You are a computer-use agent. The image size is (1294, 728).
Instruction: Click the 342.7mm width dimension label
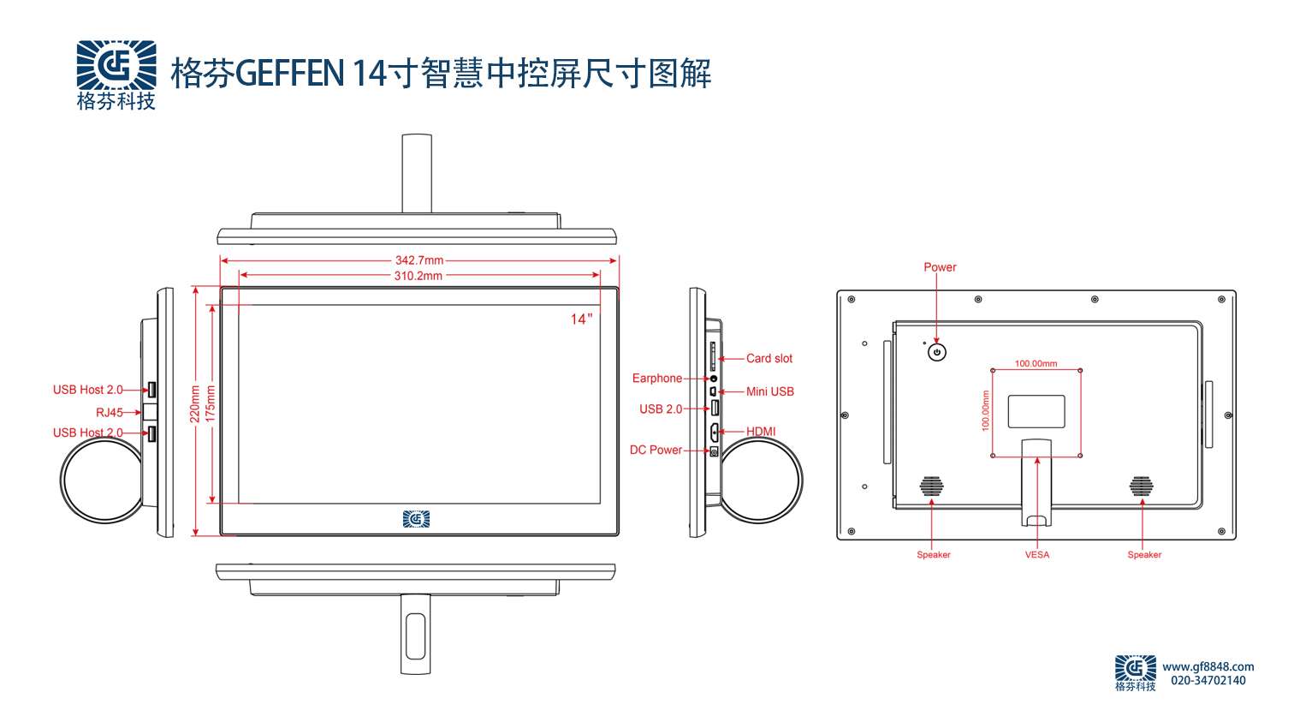pos(419,260)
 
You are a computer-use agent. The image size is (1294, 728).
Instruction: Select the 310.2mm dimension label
pos(418,276)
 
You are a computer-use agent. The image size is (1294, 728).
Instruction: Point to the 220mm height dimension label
pos(195,403)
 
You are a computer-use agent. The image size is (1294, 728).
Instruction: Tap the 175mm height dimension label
pos(211,403)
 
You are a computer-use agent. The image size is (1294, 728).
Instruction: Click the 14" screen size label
pos(581,319)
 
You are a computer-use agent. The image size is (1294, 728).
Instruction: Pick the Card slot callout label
pos(769,359)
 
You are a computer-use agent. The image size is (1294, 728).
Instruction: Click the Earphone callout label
pos(656,379)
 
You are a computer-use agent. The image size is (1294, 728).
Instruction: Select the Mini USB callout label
pos(769,391)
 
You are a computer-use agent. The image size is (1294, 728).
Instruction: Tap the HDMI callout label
pos(761,432)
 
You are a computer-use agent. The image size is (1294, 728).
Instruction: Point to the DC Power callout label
pos(656,450)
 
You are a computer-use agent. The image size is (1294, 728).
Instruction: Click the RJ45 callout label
pos(109,412)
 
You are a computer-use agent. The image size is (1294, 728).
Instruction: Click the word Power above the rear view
pos(940,267)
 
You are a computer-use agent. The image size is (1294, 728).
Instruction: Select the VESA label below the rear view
pos(1036,555)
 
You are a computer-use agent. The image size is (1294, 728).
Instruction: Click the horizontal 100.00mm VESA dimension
pos(1036,364)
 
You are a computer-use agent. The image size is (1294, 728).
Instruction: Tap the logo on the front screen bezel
pos(417,519)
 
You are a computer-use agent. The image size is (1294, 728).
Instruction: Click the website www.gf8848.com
pos(1208,666)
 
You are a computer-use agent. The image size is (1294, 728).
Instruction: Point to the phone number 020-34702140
pos(1208,681)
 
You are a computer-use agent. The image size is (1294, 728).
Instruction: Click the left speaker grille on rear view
pos(931,486)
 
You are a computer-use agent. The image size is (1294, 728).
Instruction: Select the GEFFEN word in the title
pos(289,74)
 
